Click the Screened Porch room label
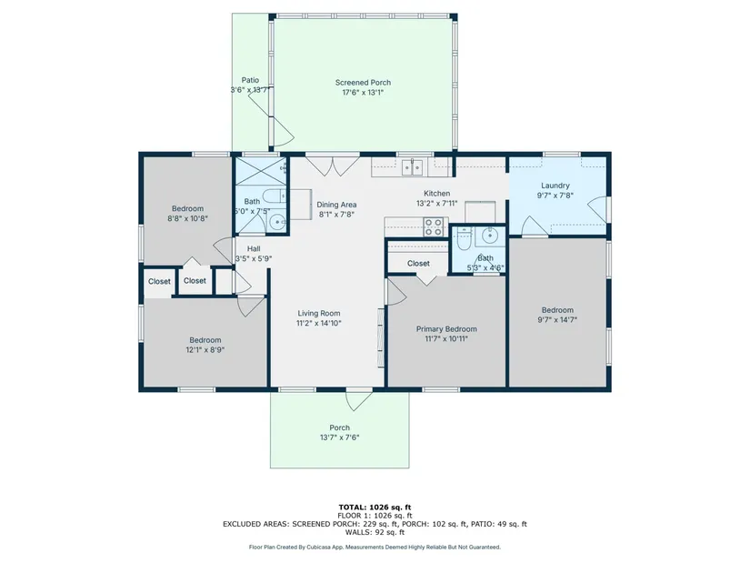tap(363, 83)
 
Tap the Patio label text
tap(250, 80)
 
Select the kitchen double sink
tap(412, 167)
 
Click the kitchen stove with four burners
tap(434, 226)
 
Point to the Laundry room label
tap(555, 186)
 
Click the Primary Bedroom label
tap(446, 329)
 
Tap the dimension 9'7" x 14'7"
tap(557, 320)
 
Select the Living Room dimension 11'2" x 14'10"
tap(318, 323)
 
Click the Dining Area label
tap(336, 205)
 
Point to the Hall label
tap(254, 248)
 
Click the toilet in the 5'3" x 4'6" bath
tap(464, 239)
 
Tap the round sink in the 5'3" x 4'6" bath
tap(490, 236)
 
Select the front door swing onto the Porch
tap(359, 401)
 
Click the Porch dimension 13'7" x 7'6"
tap(340, 437)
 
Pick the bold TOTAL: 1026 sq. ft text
tap(375, 507)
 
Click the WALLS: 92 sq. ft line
tap(375, 532)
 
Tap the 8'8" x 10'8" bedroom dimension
tap(187, 218)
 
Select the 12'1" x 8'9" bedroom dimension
tap(205, 349)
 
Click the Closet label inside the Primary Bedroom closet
tap(418, 263)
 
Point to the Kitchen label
tap(436, 194)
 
